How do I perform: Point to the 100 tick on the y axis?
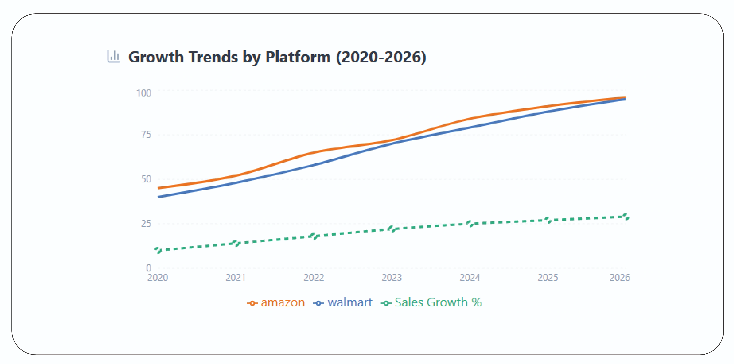coord(144,93)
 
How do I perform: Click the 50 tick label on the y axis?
coord(146,179)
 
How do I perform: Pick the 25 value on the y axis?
coord(146,224)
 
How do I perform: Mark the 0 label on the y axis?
coord(149,268)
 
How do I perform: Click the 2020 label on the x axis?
coord(158,277)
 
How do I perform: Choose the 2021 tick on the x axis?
coord(236,277)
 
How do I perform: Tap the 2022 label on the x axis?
coord(314,277)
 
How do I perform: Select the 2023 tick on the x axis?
coord(392,277)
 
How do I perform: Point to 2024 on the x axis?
coord(470,277)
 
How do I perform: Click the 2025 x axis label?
coord(548,277)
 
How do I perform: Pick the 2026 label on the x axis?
coord(620,277)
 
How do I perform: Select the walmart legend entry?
coord(343,302)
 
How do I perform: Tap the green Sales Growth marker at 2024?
coord(470,224)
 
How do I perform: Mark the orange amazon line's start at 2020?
coord(158,188)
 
